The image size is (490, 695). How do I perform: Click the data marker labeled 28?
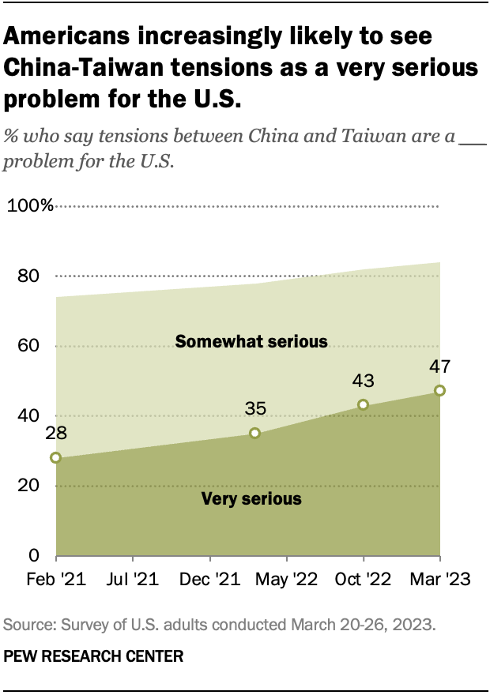click(55, 457)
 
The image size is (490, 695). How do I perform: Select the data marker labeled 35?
click(254, 433)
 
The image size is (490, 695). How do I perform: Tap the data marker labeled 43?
click(363, 404)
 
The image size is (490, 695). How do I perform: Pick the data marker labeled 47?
click(439, 390)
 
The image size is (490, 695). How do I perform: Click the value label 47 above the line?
click(439, 366)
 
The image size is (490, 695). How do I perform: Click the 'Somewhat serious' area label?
click(251, 342)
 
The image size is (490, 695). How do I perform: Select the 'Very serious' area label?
click(251, 498)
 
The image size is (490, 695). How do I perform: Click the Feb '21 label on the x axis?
click(55, 580)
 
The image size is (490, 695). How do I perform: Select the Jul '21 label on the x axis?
click(131, 580)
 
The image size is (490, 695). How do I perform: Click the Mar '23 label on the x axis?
click(439, 580)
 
